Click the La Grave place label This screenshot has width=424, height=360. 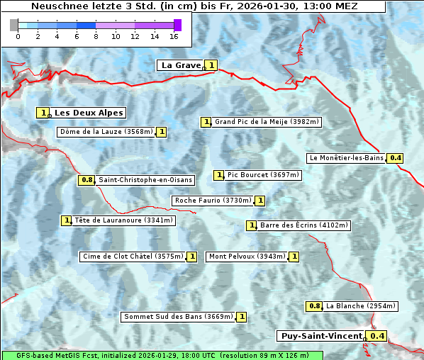point(181,65)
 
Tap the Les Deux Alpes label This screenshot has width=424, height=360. point(89,113)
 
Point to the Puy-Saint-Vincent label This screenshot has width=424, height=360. point(320,336)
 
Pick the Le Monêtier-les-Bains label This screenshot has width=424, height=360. point(346,158)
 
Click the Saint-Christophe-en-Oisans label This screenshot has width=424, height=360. point(145,180)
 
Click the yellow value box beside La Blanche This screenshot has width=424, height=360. point(314,306)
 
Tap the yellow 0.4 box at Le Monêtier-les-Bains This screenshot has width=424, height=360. point(396,158)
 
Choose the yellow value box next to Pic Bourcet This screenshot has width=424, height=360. point(219,175)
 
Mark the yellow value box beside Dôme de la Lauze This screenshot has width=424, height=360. point(162,132)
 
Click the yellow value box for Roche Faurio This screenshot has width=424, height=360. point(260,201)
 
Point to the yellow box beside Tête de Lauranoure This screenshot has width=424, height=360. point(67,220)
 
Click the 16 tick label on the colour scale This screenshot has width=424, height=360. point(174,36)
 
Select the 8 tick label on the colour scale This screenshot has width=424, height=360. point(96,36)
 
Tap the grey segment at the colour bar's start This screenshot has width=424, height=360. point(14,25)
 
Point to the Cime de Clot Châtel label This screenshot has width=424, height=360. point(133,257)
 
